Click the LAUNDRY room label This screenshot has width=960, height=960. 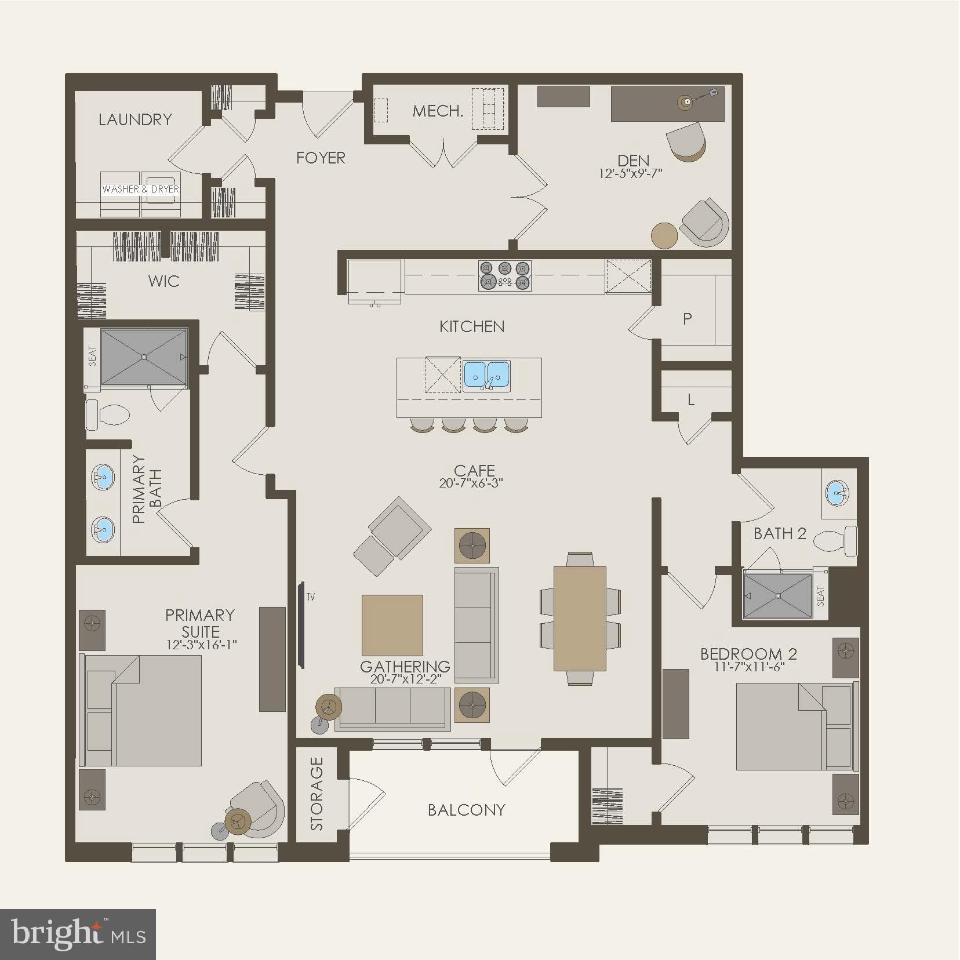(135, 119)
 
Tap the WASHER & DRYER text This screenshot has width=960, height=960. (140, 189)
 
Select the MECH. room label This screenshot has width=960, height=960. (438, 111)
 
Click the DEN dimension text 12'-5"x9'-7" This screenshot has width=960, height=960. (631, 173)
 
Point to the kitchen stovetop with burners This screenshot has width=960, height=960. (504, 275)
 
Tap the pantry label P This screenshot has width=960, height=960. (688, 318)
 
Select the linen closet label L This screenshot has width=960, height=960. (691, 400)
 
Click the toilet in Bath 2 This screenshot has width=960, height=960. (835, 540)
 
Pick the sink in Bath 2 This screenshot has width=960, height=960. (838, 493)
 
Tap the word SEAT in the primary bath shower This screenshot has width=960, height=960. (92, 356)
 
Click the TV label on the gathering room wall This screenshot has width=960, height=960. (311, 597)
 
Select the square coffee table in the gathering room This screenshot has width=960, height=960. (392, 625)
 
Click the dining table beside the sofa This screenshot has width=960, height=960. (580, 618)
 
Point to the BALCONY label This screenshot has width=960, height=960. (466, 809)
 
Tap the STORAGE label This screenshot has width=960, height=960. (317, 794)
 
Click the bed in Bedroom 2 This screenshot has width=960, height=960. (794, 726)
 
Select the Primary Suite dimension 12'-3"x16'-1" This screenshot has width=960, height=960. (201, 645)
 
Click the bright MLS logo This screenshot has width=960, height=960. (78, 933)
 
